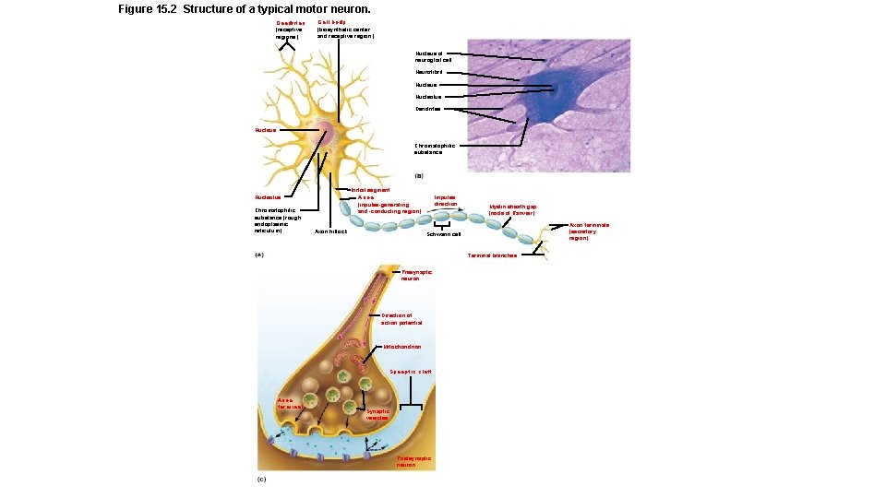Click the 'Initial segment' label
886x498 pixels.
[x=372, y=190]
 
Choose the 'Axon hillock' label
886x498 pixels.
[x=330, y=231]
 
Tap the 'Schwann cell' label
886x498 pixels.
[x=443, y=234]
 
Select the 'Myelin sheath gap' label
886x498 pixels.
[x=519, y=209]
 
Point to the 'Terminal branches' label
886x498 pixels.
[x=492, y=255]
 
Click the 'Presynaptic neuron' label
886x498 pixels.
[x=416, y=275]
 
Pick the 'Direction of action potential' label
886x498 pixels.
[x=402, y=319]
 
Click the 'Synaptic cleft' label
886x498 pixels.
[x=411, y=372]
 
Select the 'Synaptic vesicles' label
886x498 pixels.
[x=377, y=414]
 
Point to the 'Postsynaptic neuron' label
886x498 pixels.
[x=413, y=461]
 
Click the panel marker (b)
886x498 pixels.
[x=418, y=175]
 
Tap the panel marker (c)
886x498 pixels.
[x=261, y=480]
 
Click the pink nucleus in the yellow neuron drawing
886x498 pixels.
[x=326, y=133]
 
